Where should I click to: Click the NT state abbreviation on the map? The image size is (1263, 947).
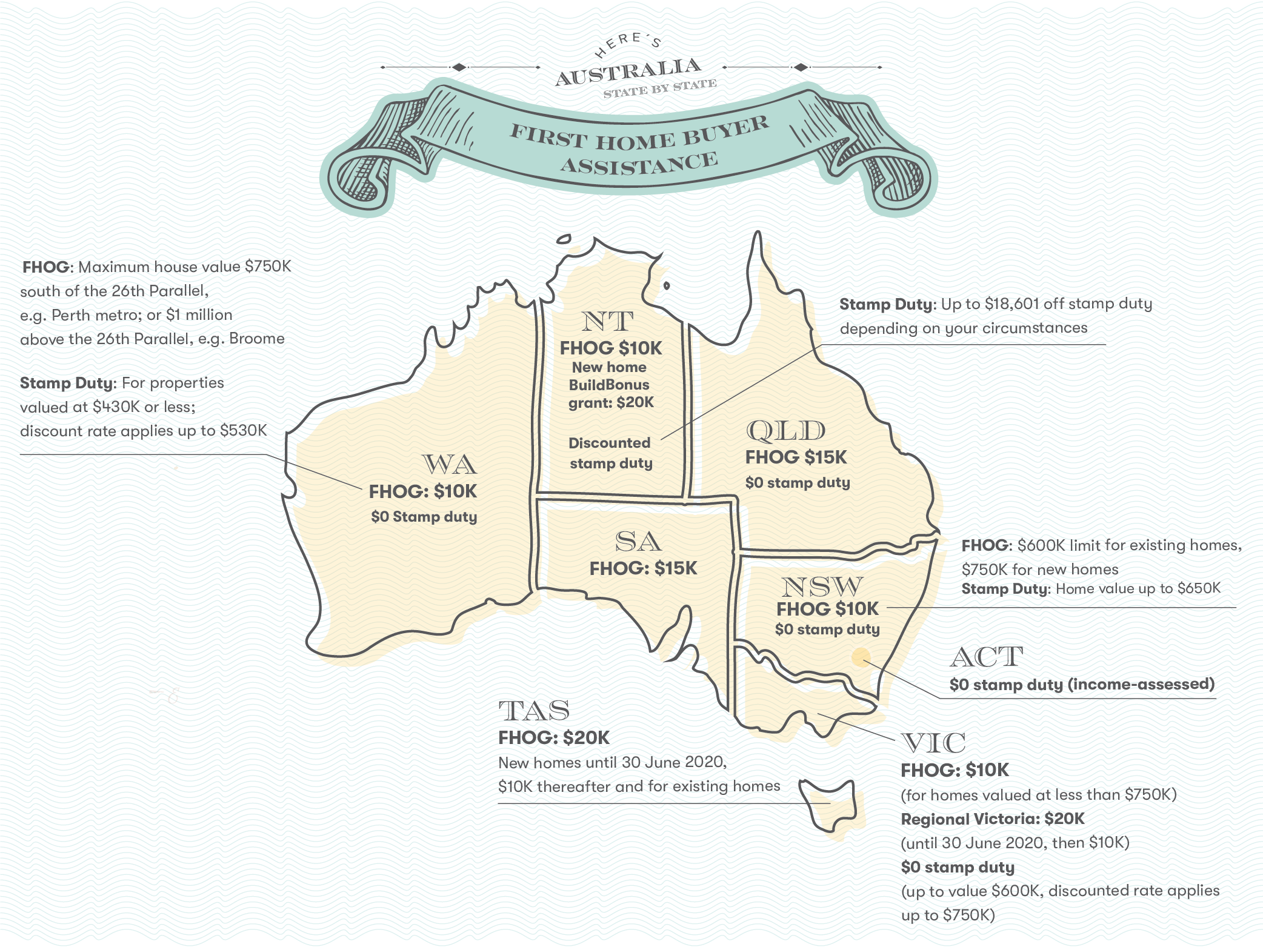click(608, 321)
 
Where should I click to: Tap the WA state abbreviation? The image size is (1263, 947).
click(450, 465)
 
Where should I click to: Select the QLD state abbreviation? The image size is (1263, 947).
click(785, 431)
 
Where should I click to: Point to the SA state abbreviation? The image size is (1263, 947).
click(638, 541)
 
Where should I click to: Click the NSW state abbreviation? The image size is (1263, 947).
click(822, 586)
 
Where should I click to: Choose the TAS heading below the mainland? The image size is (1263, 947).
click(534, 710)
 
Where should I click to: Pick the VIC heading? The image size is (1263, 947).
click(933, 743)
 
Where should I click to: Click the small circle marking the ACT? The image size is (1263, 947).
click(861, 657)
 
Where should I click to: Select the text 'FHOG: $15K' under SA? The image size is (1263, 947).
click(644, 568)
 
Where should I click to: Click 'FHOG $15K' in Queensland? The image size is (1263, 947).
click(796, 457)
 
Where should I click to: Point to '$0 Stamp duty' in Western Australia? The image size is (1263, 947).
click(424, 517)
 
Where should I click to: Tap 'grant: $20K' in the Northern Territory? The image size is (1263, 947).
click(611, 402)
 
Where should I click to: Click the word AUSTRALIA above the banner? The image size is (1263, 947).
click(629, 71)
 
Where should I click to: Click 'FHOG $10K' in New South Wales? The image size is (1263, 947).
click(827, 608)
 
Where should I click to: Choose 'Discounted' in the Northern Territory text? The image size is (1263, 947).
click(609, 443)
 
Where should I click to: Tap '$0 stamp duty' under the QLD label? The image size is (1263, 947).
click(798, 483)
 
